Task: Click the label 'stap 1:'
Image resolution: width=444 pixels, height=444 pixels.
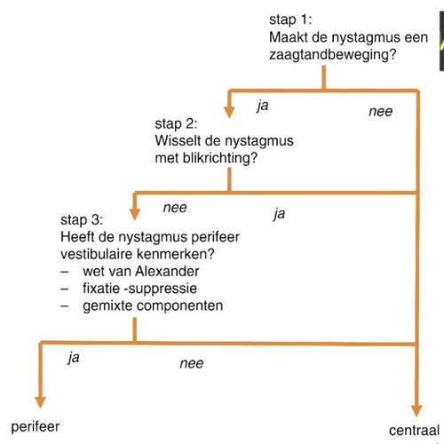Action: [x=290, y=20]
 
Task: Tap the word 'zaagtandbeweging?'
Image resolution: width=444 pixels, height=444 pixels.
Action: [x=332, y=55]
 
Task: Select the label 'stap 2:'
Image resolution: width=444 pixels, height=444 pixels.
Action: [x=176, y=123]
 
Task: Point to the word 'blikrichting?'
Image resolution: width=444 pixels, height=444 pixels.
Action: [x=220, y=158]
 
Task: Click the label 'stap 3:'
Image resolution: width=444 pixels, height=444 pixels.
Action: [x=82, y=220]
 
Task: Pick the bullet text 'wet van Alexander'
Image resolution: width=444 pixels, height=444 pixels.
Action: [x=141, y=271]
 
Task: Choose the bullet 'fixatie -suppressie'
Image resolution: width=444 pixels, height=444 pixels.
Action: [x=139, y=289]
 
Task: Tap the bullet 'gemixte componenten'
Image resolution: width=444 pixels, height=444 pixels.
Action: [x=153, y=305]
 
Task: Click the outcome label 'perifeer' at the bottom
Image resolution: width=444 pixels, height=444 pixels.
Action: [x=36, y=427]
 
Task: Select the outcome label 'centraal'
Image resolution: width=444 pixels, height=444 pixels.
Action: [x=414, y=431]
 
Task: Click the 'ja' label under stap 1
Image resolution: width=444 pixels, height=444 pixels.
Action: [x=263, y=106]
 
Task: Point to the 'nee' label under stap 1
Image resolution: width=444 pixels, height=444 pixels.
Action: [x=381, y=112]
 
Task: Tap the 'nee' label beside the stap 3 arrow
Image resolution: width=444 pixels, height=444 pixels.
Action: [x=175, y=208]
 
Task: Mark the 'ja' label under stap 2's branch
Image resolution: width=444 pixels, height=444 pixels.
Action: [x=280, y=214]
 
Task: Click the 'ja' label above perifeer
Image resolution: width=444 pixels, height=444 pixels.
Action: [x=74, y=358]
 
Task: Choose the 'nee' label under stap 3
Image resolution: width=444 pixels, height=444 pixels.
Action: [x=192, y=363]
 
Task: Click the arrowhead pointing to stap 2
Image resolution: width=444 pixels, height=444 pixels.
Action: [x=229, y=112]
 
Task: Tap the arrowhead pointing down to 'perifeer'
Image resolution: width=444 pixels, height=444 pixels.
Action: [x=40, y=402]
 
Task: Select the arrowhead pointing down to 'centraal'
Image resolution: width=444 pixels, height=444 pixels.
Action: [x=416, y=410]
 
